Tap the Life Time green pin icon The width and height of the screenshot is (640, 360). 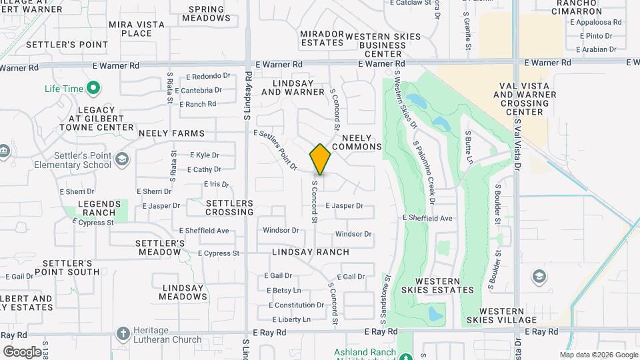click(93, 88)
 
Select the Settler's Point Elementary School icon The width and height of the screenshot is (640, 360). click(121, 159)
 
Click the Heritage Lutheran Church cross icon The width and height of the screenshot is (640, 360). click(123, 333)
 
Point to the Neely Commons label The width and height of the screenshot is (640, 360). click(357, 141)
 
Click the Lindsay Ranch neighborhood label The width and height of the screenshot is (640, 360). click(311, 252)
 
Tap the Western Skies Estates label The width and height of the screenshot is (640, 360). click(437, 285)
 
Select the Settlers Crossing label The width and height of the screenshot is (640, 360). click(229, 207)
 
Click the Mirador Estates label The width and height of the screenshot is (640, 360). click(322, 38)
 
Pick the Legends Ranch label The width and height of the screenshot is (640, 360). click(100, 208)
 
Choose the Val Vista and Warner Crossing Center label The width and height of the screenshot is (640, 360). click(523, 99)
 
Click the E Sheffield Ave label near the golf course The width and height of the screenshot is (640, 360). click(428, 218)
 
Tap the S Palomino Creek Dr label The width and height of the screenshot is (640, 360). click(423, 172)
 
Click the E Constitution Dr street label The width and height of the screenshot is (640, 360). click(296, 305)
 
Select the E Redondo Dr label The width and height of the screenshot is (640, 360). click(208, 76)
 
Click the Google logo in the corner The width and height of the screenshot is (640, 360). click(22, 351)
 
